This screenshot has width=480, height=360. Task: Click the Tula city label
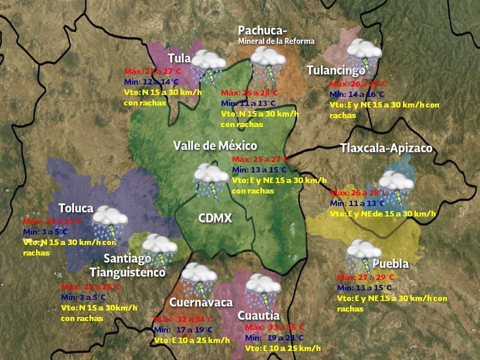179,58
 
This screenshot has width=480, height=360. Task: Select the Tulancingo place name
335,70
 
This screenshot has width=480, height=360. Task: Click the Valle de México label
215,145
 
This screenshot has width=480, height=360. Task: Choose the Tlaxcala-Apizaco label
386,148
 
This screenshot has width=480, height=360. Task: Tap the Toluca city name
75,208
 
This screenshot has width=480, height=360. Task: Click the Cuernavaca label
201,302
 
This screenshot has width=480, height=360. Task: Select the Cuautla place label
258,315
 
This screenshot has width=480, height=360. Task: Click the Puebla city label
390,263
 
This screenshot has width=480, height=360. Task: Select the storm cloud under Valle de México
210,180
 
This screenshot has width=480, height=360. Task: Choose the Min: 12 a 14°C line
150,81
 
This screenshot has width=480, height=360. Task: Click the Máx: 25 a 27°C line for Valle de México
260,159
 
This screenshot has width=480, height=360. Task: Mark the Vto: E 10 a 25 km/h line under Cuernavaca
191,340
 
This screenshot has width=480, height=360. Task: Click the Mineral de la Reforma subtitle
276,41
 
